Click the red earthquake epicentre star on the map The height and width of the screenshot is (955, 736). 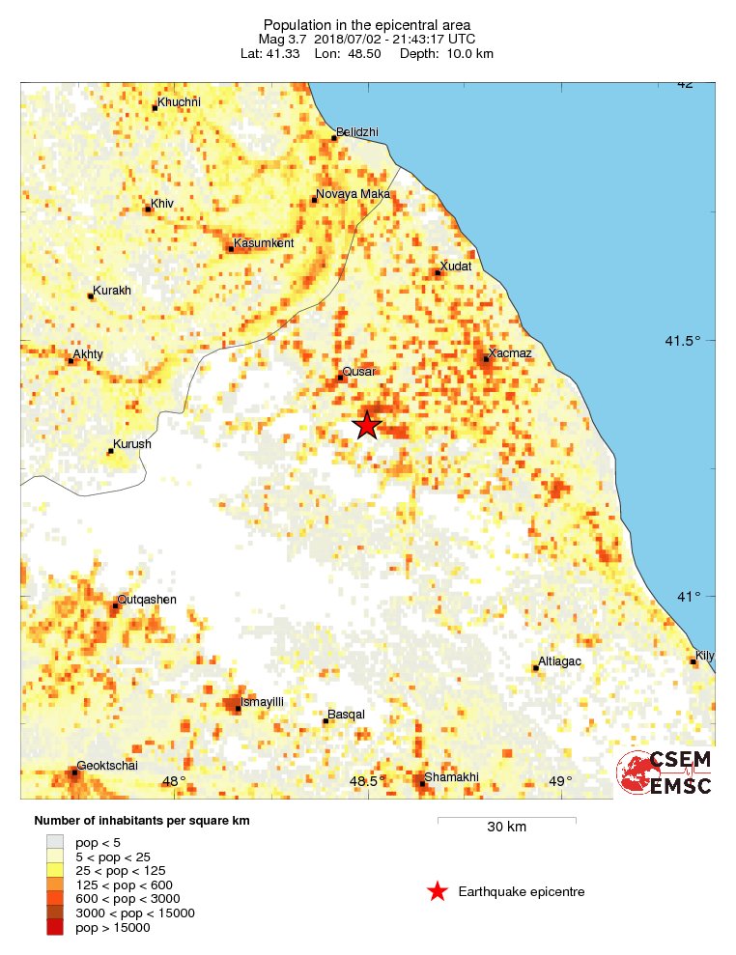[x=367, y=425]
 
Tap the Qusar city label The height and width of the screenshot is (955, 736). [x=359, y=372]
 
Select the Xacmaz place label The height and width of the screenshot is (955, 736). [x=510, y=353]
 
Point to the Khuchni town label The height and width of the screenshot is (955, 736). [x=180, y=102]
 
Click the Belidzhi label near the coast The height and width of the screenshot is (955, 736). [x=357, y=132]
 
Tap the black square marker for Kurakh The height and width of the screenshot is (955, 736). [x=91, y=295]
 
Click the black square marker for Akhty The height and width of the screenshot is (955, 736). [x=71, y=361]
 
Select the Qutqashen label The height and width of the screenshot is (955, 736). [x=148, y=600]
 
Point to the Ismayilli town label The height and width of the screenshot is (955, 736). [x=262, y=702]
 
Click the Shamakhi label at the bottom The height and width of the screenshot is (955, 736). [x=451, y=778]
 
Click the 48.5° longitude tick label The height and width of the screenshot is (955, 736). [x=368, y=781]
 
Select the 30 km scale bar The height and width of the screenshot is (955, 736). [x=506, y=821]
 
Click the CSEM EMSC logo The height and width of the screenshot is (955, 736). [x=665, y=772]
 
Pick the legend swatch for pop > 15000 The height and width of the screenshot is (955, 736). [x=56, y=928]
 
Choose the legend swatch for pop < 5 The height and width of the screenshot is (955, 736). [x=56, y=841]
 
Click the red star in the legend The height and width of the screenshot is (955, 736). [x=438, y=891]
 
